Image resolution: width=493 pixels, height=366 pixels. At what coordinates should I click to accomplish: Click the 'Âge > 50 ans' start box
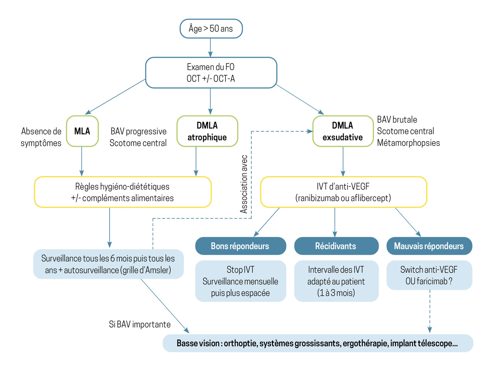pyautogui.click(x=211, y=29)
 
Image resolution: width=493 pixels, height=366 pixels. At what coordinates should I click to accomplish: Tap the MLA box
pyautogui.click(x=82, y=131)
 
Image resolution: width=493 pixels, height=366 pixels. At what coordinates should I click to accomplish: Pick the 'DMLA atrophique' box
pyautogui.click(x=207, y=131)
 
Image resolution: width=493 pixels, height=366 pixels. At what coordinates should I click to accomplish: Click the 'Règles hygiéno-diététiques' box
pyautogui.click(x=123, y=192)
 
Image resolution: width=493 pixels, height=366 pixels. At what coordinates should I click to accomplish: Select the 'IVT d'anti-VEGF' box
pyautogui.click(x=343, y=192)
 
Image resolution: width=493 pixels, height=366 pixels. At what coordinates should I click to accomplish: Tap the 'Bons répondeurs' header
pyautogui.click(x=240, y=246)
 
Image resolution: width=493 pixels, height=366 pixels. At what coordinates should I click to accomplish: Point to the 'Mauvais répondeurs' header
pyautogui.click(x=429, y=246)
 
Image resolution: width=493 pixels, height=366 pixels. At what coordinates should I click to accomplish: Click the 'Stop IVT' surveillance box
pyautogui.click(x=240, y=281)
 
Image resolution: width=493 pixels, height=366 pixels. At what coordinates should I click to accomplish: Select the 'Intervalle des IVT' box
pyautogui.click(x=336, y=281)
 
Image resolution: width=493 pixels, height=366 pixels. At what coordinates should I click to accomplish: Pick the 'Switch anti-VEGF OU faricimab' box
pyautogui.click(x=429, y=275)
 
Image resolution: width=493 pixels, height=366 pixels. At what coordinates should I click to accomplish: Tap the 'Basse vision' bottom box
pyautogui.click(x=317, y=343)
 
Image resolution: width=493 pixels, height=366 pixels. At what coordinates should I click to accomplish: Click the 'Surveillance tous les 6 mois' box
pyautogui.click(x=109, y=265)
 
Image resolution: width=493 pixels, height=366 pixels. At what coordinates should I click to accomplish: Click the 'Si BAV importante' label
pyautogui.click(x=139, y=324)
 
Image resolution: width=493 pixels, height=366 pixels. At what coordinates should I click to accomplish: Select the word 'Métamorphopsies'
pyautogui.click(x=408, y=143)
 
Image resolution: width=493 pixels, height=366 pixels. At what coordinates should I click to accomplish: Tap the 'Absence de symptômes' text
pyautogui.click(x=42, y=137)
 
